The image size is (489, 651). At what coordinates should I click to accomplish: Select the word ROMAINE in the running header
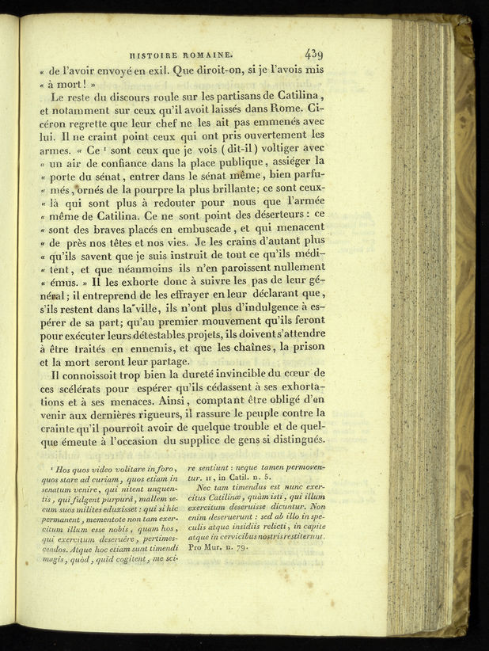tap(210, 55)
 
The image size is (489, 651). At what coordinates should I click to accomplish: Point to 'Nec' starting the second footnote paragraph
tap(206, 488)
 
